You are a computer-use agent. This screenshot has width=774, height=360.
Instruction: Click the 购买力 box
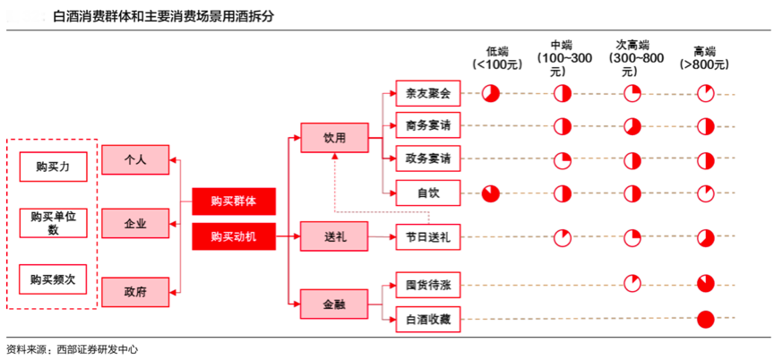53,167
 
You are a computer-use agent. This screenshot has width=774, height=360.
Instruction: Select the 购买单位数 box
53,223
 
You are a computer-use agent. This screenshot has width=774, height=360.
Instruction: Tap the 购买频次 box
53,279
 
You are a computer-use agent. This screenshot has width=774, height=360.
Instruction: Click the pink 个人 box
135,160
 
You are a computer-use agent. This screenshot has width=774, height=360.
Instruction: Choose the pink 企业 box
135,223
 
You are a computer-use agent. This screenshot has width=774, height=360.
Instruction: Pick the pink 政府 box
135,289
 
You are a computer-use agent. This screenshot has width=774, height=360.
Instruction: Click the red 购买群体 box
233,201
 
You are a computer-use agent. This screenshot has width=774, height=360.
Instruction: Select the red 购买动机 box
233,236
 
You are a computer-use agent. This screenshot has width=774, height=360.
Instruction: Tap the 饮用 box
334,138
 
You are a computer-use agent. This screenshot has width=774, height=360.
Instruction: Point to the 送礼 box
334,237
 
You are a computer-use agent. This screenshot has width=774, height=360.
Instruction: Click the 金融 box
334,304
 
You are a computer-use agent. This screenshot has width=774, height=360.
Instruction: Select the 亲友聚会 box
427,93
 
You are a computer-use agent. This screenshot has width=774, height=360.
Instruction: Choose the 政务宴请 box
427,159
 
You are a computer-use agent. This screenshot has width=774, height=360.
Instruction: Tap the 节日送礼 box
427,237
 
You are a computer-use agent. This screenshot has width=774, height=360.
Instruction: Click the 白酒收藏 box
427,317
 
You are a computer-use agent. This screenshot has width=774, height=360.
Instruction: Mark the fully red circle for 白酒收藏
705,318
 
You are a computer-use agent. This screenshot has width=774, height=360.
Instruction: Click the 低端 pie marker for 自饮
490,193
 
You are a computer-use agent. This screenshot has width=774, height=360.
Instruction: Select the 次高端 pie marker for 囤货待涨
632,285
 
